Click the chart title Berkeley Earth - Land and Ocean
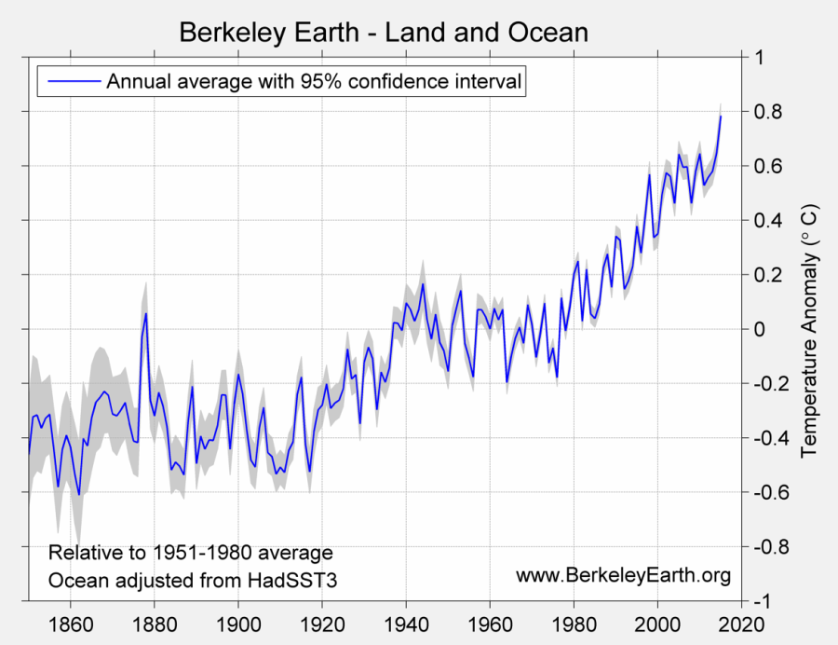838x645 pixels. click(x=383, y=32)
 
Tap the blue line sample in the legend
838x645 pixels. click(x=72, y=81)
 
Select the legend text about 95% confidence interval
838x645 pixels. click(x=314, y=81)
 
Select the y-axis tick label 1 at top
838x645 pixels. click(x=759, y=58)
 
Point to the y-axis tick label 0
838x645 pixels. click(x=759, y=329)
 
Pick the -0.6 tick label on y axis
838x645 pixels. click(x=768, y=492)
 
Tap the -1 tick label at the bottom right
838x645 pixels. click(x=762, y=601)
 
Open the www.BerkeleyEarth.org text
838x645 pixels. click(x=622, y=575)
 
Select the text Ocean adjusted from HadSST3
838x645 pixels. click(x=192, y=580)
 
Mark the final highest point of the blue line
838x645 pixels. click(x=720, y=116)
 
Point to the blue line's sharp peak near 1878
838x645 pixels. click(x=145, y=313)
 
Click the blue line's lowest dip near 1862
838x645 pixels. click(x=79, y=494)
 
